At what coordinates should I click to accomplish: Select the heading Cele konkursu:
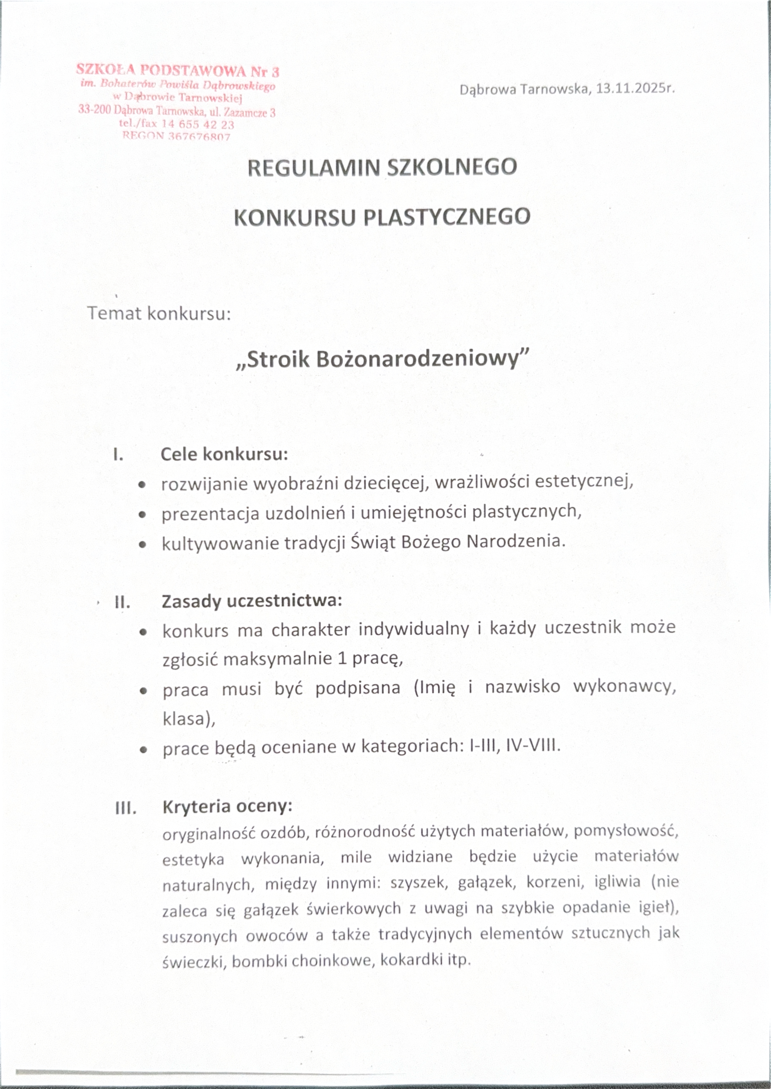tap(224, 454)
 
